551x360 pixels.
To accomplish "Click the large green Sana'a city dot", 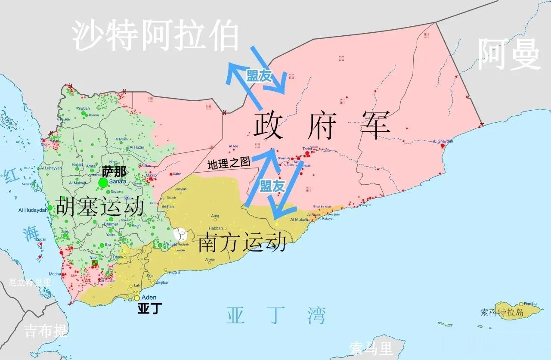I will [103, 183].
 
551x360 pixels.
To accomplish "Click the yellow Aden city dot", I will [137, 298].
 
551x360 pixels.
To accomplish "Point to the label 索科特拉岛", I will [503, 313].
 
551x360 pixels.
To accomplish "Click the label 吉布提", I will [46, 331].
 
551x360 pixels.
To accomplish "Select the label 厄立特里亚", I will [30, 283].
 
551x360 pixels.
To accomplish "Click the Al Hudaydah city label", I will [33, 210].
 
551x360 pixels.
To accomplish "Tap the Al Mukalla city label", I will [300, 220].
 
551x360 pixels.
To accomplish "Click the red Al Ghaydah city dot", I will [443, 146].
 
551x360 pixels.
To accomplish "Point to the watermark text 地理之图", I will [229, 163].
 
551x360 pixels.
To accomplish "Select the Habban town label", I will [216, 228].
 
